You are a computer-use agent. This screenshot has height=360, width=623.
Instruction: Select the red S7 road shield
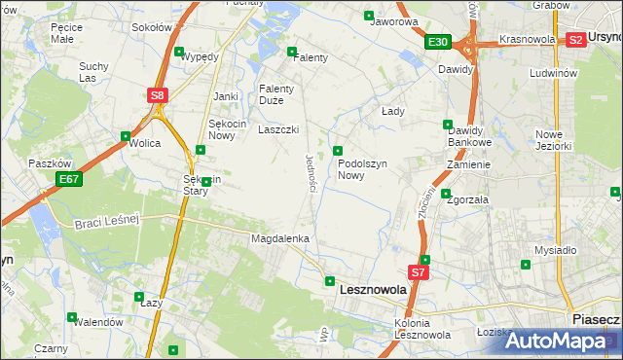(419, 273)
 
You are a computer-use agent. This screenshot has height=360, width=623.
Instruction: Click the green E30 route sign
(437, 42)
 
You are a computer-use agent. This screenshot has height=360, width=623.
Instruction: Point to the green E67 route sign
(68, 179)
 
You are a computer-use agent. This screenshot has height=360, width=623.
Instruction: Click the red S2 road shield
(575, 40)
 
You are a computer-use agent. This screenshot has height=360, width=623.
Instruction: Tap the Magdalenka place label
(280, 238)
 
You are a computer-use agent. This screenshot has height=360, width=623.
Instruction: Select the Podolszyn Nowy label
(364, 170)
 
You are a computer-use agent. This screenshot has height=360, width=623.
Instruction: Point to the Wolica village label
(144, 143)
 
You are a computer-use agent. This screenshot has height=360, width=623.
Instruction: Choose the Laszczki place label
(277, 129)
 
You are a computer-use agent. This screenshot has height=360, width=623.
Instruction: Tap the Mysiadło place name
(555, 249)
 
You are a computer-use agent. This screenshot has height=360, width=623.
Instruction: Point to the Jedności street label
(311, 172)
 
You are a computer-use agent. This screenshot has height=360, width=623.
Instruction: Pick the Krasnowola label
(527, 40)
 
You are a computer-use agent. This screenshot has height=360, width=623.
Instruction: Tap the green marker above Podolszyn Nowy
(338, 150)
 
